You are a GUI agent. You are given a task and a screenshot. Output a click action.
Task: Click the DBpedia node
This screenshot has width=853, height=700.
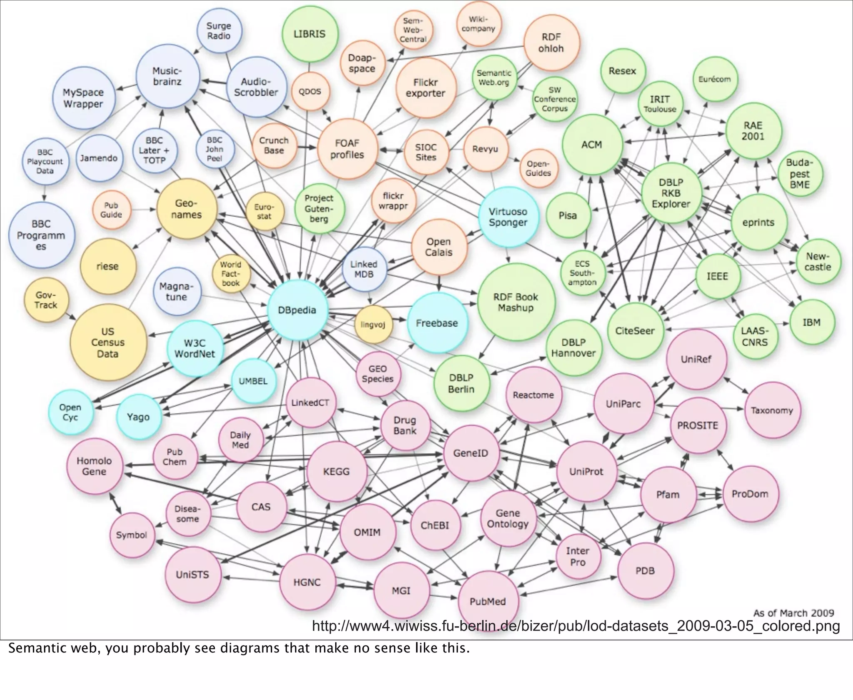pyautogui.click(x=297, y=310)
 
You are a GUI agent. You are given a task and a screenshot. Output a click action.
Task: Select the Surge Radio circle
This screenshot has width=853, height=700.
pyautogui.click(x=219, y=31)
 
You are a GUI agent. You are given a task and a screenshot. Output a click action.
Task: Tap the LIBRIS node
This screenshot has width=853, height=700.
pyautogui.click(x=309, y=34)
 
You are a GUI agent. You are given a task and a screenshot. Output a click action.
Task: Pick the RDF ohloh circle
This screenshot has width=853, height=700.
pyautogui.click(x=551, y=42)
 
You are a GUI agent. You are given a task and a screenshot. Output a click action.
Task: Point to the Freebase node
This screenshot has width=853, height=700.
pyautogui.click(x=436, y=323)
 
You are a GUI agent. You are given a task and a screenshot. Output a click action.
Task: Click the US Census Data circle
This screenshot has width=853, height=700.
pyautogui.click(x=108, y=342)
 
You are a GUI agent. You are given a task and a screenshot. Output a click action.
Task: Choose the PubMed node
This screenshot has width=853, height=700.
pyautogui.click(x=488, y=601)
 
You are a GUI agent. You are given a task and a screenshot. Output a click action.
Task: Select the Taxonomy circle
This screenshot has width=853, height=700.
pyautogui.click(x=772, y=410)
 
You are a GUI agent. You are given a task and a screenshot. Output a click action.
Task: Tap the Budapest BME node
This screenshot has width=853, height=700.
pyautogui.click(x=799, y=174)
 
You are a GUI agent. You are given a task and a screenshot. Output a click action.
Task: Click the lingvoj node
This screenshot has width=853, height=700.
pyautogui.click(x=373, y=324)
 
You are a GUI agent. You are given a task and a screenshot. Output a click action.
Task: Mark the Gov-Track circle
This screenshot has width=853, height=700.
pyautogui.click(x=46, y=300)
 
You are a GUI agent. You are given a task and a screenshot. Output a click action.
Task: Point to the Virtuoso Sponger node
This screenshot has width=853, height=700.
pyautogui.click(x=508, y=217)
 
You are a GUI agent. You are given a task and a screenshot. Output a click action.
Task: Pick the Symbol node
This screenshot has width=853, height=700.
pyautogui.click(x=132, y=535)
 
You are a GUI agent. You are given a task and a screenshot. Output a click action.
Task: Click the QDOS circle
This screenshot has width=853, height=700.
pyautogui.click(x=309, y=91)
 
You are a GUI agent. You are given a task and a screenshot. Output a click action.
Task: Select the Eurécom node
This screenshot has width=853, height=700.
pyautogui.click(x=714, y=79)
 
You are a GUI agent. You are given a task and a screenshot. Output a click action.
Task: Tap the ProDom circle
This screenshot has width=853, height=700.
pyautogui.click(x=750, y=494)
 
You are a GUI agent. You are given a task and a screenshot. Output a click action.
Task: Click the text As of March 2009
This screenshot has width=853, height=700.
pyautogui.click(x=793, y=613)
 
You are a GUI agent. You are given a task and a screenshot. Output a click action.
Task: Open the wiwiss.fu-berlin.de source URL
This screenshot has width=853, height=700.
pyautogui.click(x=576, y=626)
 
